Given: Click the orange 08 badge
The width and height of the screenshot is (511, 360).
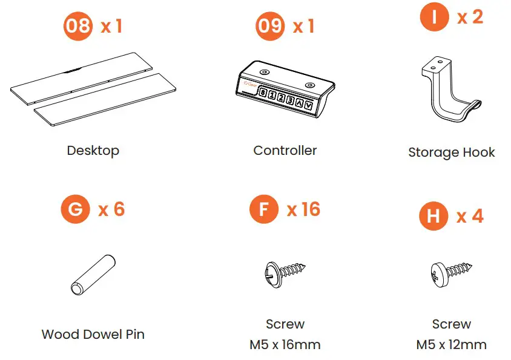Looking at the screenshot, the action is (77, 26).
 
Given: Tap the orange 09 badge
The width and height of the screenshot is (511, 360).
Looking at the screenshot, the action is (270, 26).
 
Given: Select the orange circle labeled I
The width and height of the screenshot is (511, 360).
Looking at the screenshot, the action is (434, 16).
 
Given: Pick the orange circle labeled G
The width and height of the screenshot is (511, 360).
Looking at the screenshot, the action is (75, 209).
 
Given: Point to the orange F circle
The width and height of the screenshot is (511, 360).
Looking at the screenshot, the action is (264, 209).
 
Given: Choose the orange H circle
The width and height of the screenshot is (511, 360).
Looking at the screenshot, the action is (434, 216).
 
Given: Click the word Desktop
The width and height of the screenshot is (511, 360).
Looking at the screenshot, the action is (93, 151).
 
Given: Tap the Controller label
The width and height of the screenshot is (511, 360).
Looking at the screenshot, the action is (285, 151).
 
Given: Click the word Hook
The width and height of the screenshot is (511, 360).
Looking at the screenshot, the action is (479, 152).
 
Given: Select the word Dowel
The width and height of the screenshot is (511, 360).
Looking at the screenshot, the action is (103, 334).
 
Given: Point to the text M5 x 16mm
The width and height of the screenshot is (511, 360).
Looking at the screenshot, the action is (285, 345).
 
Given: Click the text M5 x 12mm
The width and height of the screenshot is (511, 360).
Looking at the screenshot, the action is (451, 345).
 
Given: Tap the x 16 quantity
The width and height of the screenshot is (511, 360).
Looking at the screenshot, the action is (303, 209).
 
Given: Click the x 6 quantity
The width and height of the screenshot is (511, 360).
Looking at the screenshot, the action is (111, 209).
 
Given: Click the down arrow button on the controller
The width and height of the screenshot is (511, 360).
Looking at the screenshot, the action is (308, 105).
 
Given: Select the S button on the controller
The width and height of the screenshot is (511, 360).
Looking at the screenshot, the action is (263, 93).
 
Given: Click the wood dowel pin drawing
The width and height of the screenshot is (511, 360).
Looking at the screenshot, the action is (93, 275).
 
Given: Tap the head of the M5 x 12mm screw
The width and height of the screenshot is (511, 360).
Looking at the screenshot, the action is (439, 275).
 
